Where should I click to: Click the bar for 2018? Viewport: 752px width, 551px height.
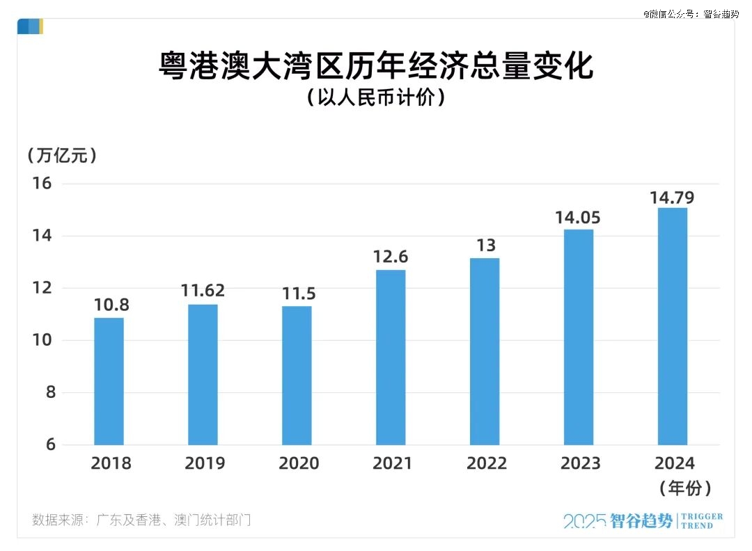(x=109, y=381)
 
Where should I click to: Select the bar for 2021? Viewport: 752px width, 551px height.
(x=391, y=357)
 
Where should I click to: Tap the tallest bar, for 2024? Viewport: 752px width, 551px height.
(x=673, y=326)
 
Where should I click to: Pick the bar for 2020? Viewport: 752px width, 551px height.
(x=297, y=375)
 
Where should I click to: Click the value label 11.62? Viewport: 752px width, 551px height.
(x=203, y=291)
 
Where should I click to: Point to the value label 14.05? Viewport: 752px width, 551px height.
(x=578, y=217)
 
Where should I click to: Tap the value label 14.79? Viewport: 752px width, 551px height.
(x=672, y=197)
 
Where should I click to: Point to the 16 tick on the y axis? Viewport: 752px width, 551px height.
(x=42, y=184)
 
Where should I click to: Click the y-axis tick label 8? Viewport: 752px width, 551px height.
(x=51, y=392)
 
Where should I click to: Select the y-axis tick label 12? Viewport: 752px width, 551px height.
(x=42, y=288)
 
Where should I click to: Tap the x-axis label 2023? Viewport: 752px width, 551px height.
(x=580, y=463)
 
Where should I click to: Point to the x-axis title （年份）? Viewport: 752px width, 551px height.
(x=685, y=488)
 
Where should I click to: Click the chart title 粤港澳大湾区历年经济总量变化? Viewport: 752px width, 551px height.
(x=376, y=67)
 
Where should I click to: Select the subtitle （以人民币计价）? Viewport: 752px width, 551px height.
(x=376, y=98)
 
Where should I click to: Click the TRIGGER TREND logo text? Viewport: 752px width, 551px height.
(x=700, y=521)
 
